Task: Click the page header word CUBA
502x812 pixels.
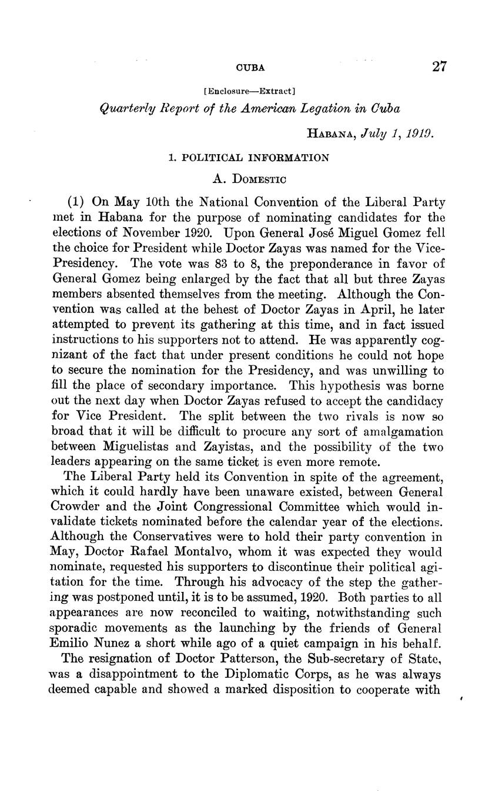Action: point(250,68)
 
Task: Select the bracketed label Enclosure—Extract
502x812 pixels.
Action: point(250,91)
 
